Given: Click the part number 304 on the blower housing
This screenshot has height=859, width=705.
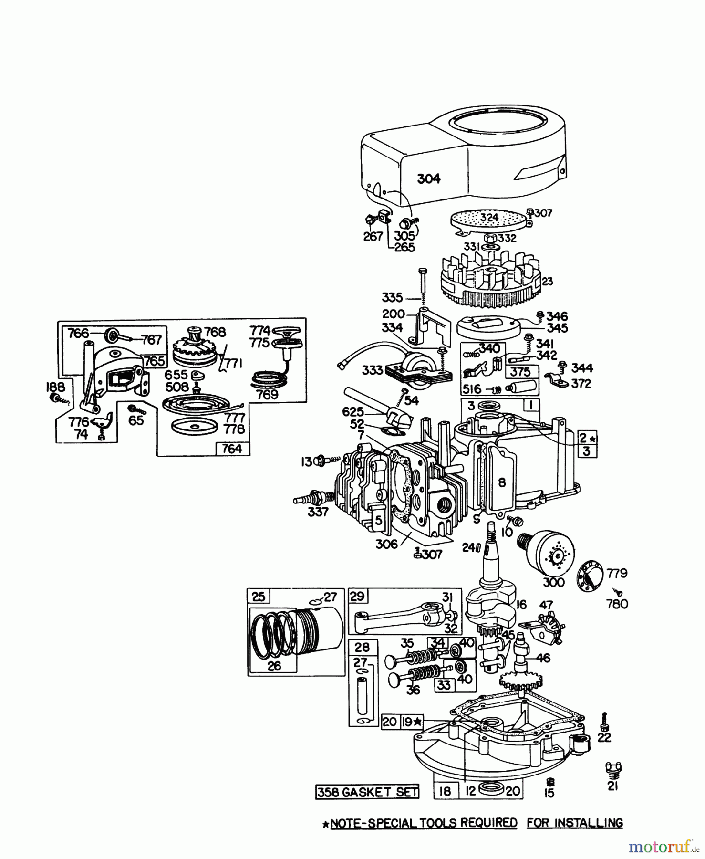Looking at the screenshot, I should click(x=428, y=179).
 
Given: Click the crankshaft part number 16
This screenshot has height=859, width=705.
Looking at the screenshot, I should click(x=521, y=605).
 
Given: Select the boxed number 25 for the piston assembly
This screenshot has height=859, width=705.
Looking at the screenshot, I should click(x=258, y=597).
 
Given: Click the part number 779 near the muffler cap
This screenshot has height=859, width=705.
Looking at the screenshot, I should click(x=617, y=573).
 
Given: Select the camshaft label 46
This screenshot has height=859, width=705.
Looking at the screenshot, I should click(x=543, y=658).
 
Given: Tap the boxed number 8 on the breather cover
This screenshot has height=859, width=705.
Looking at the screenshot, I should click(x=501, y=482).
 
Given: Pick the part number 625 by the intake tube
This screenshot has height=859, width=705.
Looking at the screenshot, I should click(x=353, y=412).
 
